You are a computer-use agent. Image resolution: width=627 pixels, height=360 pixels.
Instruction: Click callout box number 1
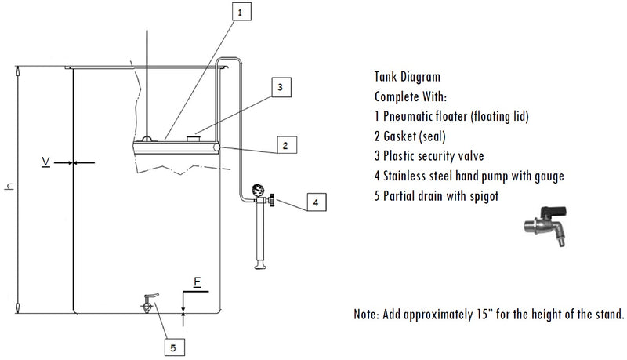(241, 12)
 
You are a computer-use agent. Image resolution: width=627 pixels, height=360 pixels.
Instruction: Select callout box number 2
(286, 145)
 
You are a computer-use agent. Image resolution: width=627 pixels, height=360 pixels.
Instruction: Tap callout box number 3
(281, 87)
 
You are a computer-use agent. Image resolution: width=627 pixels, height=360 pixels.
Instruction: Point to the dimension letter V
(47, 162)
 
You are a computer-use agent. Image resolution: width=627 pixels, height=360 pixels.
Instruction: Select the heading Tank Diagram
(408, 78)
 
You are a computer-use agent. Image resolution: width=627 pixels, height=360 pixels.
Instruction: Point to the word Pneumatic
(411, 116)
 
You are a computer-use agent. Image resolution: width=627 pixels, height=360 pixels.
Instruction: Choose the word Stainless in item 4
(409, 175)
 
